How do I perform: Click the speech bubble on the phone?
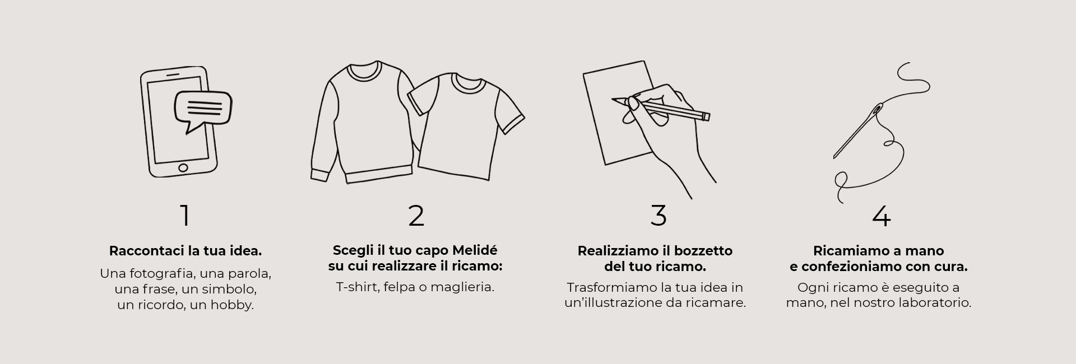[x=203, y=109]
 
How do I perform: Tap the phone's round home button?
[x=183, y=167]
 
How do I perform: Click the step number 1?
[x=185, y=216]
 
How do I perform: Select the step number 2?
[x=416, y=216]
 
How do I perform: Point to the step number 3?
[x=658, y=216]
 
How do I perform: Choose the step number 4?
[x=882, y=216]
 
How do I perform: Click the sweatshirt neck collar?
[x=364, y=71]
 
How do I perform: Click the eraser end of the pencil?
[x=706, y=116]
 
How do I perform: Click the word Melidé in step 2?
[x=475, y=250]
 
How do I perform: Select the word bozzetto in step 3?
[x=705, y=251]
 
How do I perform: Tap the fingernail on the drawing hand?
[x=634, y=104]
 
